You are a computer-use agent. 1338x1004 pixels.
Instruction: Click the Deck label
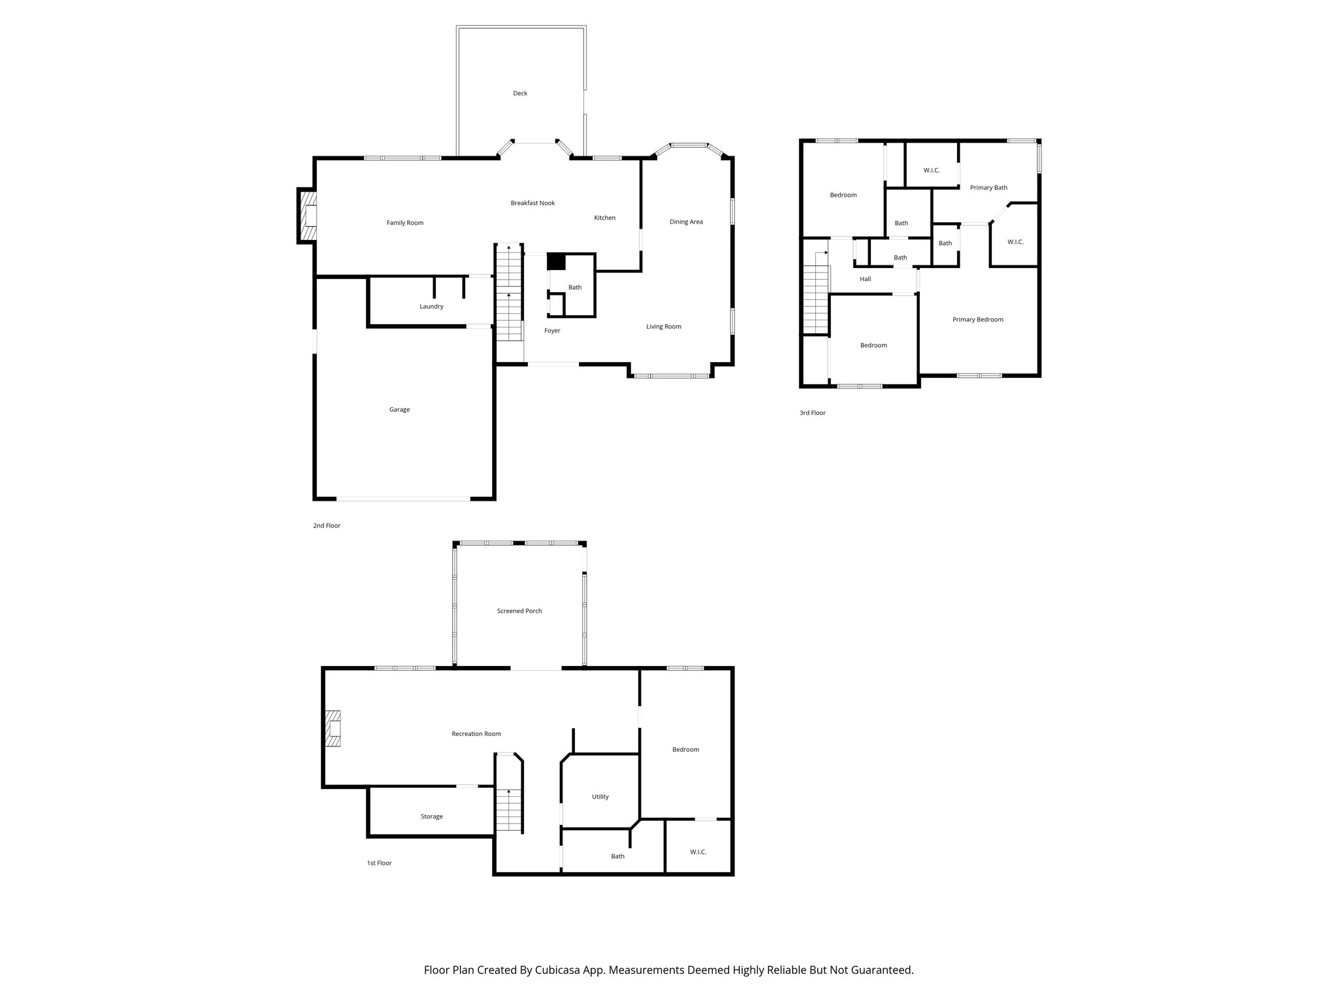[x=520, y=93]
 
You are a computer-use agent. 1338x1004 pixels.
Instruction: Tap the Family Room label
[x=405, y=223]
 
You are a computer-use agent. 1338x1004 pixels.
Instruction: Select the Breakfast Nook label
[x=532, y=203]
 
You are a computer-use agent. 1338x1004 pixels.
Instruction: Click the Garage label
[x=399, y=410]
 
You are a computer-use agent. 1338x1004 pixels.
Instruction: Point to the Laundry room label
[x=431, y=307]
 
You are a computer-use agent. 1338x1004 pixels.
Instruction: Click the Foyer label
[x=552, y=331]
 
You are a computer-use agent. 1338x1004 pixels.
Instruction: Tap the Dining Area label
[x=686, y=222]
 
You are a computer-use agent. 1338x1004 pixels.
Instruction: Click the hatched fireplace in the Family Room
[x=308, y=216]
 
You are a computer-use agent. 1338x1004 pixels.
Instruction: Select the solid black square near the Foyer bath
[x=556, y=261]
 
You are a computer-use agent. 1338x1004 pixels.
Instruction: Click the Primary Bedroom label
[x=977, y=320]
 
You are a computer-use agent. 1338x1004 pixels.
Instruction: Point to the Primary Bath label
[x=988, y=188]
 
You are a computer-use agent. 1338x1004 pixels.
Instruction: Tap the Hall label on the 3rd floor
[x=865, y=279]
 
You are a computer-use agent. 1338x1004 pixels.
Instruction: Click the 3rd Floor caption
[x=812, y=413]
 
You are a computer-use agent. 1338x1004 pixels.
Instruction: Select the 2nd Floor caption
[x=327, y=526]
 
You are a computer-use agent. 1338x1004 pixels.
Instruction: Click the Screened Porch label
[x=519, y=611]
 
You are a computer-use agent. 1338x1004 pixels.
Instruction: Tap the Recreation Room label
[x=476, y=734]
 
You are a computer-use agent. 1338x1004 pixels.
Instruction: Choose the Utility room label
[x=600, y=797]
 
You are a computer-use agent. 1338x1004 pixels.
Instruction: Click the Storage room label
[x=431, y=816]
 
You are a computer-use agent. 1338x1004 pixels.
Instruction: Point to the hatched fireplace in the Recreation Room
[x=334, y=728]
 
